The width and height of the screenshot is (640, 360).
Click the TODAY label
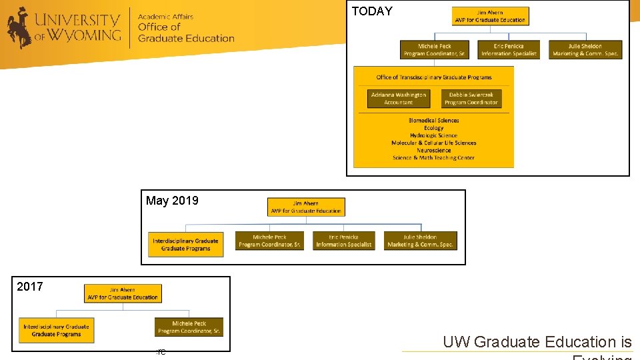pos(372,11)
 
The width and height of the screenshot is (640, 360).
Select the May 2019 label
pos(172,201)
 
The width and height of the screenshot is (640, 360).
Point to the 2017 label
pos(30,287)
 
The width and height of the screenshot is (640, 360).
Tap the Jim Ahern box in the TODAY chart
pos(490,16)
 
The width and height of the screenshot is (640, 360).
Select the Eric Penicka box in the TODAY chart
pos(509,50)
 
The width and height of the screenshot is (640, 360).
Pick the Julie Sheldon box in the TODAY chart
pos(585,50)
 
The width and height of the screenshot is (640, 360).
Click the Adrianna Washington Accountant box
pos(399,99)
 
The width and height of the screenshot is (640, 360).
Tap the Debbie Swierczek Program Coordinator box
pos(471,99)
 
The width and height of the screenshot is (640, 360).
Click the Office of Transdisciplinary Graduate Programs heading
pos(434,77)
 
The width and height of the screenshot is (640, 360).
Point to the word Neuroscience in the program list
pos(434,151)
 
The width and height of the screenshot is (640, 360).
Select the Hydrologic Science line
pos(434,135)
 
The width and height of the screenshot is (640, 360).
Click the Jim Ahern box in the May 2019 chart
pos(306,207)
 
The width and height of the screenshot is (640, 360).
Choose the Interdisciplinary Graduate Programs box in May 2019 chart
pos(185,245)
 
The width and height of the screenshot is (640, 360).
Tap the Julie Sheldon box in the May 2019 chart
pos(421,241)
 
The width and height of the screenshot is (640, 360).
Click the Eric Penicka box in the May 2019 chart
pos(344,241)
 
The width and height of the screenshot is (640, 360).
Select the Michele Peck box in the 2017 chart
pos(189,327)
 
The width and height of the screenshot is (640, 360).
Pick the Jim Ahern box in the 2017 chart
pos(123,293)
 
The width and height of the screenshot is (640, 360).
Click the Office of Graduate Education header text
pos(186,33)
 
